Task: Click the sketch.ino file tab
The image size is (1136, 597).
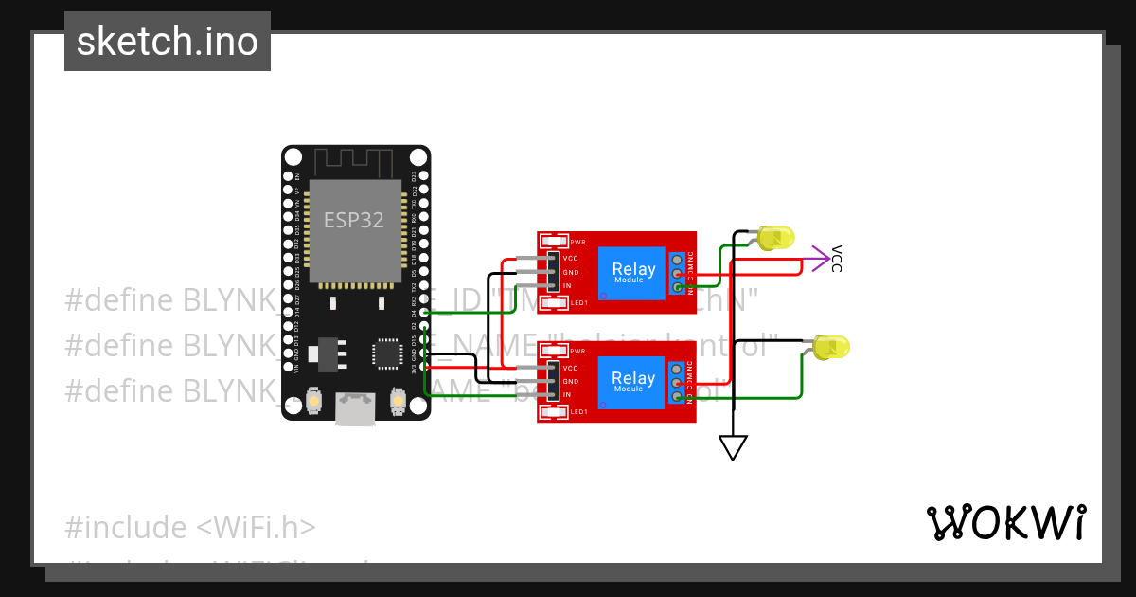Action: click(168, 42)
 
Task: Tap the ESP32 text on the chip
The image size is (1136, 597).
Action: click(354, 220)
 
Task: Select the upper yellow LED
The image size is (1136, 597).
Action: click(775, 238)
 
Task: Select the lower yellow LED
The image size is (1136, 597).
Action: click(830, 347)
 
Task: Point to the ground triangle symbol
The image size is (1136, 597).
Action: click(733, 447)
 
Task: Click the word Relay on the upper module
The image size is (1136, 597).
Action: click(633, 269)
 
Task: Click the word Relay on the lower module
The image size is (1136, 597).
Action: click(633, 378)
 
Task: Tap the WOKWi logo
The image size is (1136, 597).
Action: click(1005, 522)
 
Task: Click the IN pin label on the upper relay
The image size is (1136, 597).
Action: click(568, 286)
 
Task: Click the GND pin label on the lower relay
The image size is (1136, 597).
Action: click(571, 381)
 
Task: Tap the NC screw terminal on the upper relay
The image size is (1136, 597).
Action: click(677, 259)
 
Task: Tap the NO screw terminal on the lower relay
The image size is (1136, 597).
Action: click(677, 396)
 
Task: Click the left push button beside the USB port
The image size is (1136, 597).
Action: click(315, 403)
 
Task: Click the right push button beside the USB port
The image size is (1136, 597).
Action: click(397, 403)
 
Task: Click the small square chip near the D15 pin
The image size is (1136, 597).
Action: click(387, 353)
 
